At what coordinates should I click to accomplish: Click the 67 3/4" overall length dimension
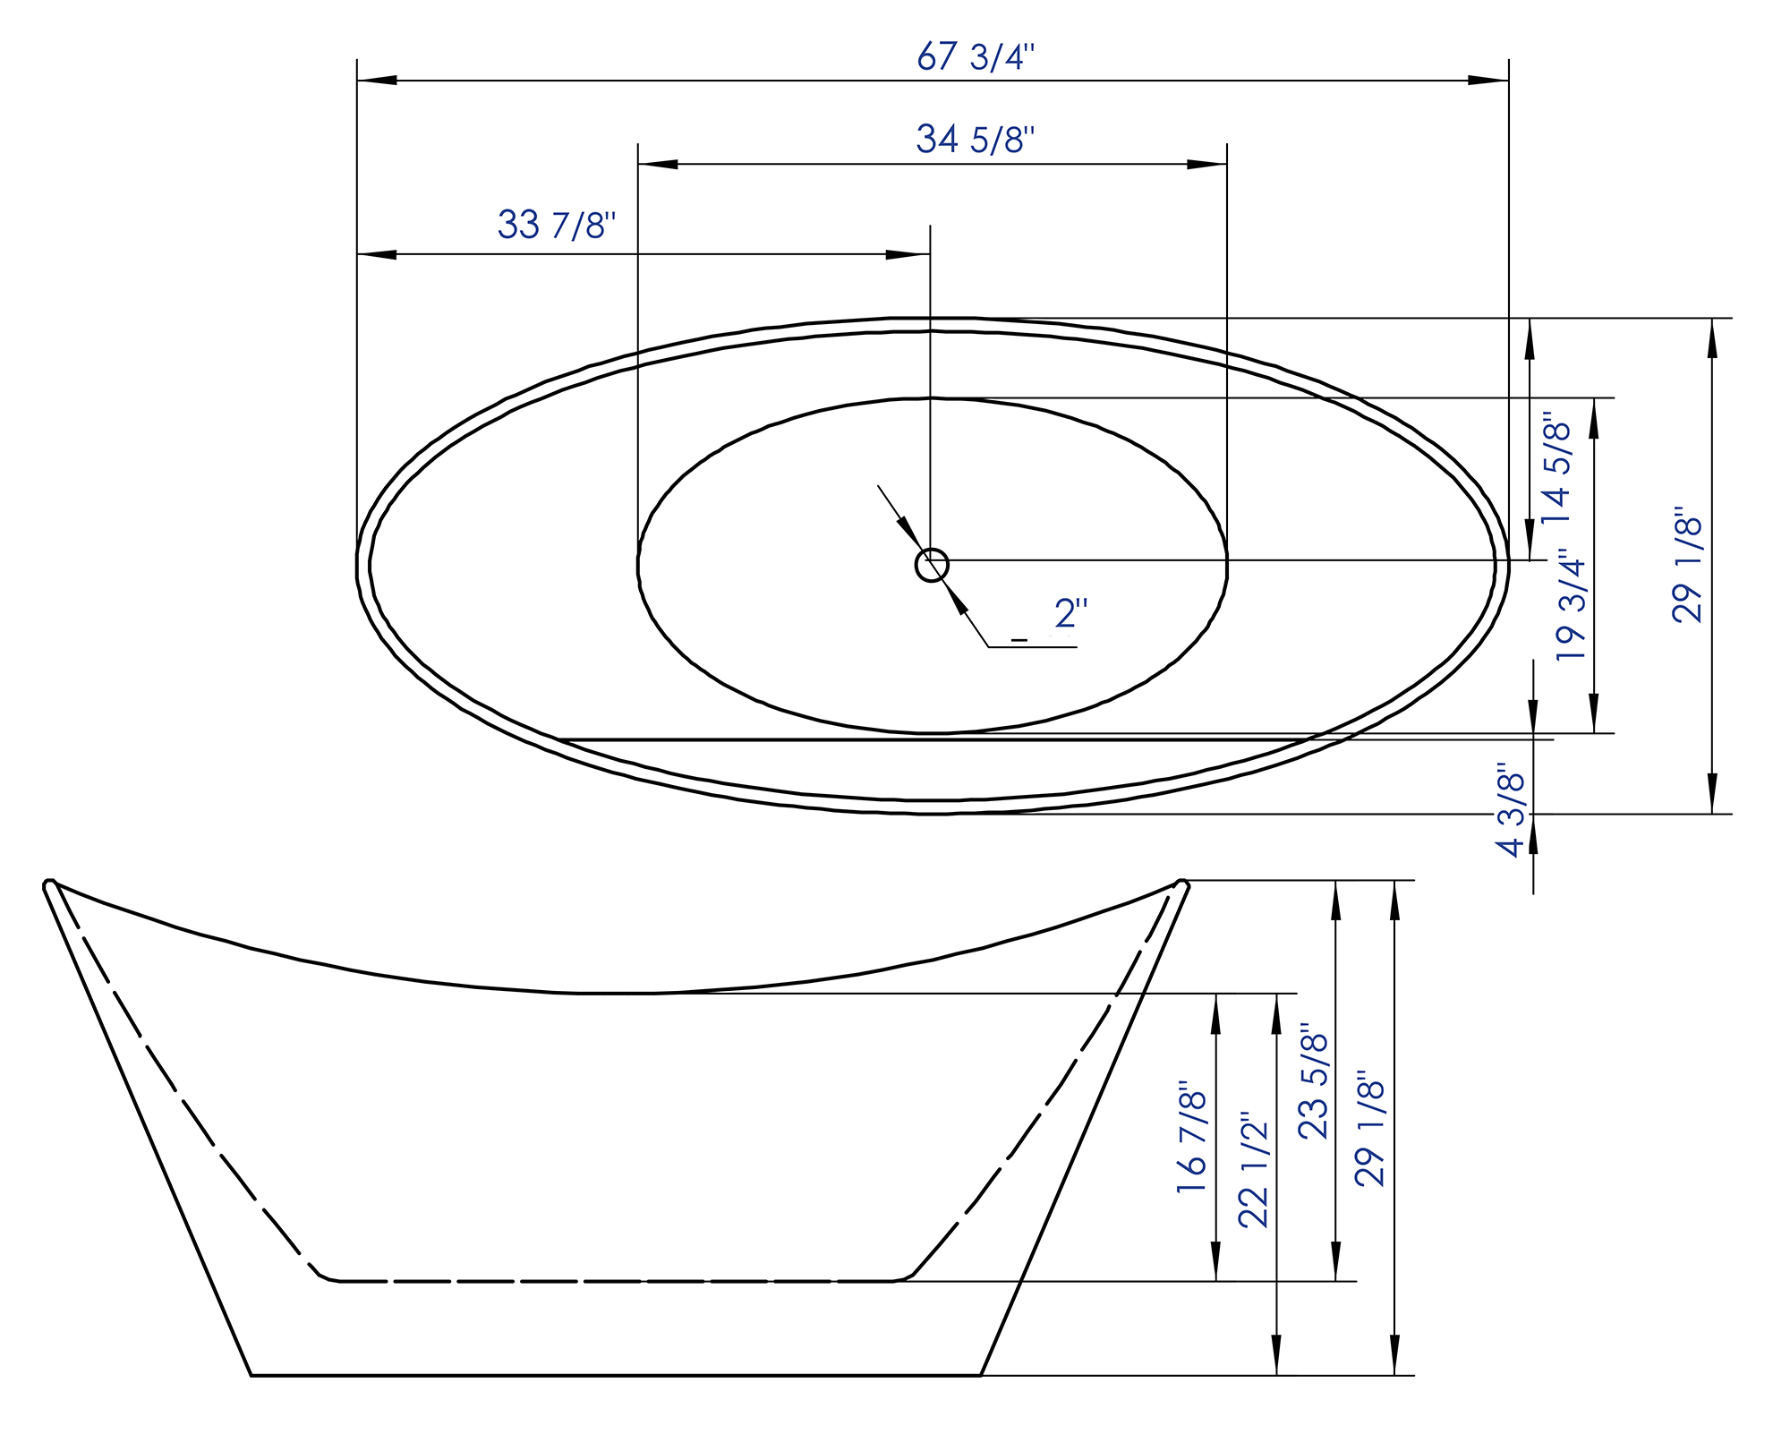tap(976, 57)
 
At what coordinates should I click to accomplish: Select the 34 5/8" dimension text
tap(976, 140)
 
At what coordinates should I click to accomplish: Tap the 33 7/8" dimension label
tap(557, 225)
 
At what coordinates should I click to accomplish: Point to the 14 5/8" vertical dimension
tap(1556, 467)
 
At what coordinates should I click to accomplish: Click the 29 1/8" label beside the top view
tap(1688, 565)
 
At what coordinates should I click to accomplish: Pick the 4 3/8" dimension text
tap(1512, 810)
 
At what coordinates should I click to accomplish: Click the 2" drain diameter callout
tap(1070, 613)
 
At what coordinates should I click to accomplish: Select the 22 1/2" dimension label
tap(1254, 1171)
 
